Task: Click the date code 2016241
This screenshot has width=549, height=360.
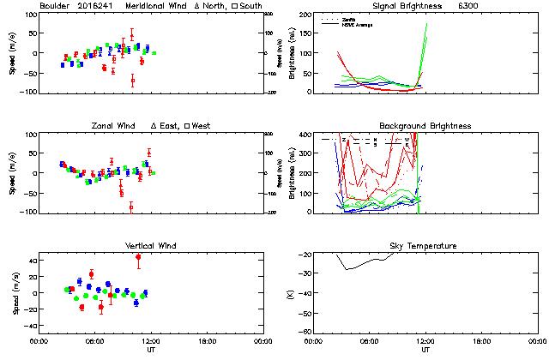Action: tap(96, 5)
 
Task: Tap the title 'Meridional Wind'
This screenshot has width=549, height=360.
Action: tap(158, 5)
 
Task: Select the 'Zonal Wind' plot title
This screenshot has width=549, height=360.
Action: tap(118, 126)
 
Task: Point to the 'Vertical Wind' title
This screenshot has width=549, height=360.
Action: tap(150, 246)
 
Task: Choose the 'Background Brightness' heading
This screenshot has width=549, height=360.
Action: tap(425, 126)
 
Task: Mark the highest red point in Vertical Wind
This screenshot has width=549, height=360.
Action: tap(138, 257)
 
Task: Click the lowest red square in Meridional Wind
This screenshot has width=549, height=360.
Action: tap(132, 81)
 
